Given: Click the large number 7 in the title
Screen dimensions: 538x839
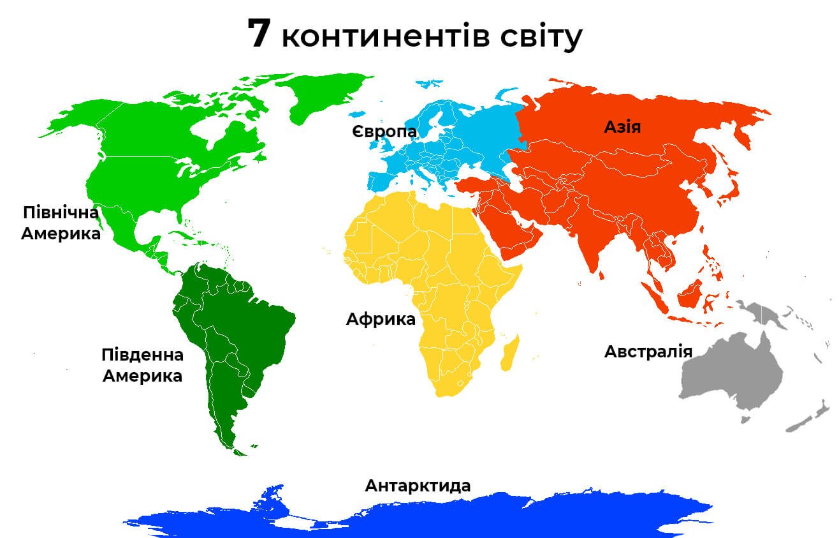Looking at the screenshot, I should (x=260, y=34).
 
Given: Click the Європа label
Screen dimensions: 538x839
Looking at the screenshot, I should (x=384, y=132).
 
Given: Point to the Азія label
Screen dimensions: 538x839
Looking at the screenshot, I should (x=622, y=127).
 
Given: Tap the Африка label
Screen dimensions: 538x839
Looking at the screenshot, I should (x=381, y=319).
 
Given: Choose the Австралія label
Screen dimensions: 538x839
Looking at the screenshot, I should (x=648, y=352).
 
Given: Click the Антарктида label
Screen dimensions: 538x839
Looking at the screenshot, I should (x=418, y=486).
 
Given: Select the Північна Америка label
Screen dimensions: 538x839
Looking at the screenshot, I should (x=61, y=223).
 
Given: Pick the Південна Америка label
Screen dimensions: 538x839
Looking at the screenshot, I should (x=142, y=365).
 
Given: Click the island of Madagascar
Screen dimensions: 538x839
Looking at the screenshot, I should (x=509, y=355).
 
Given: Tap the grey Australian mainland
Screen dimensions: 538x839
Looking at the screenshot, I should (x=733, y=373).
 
